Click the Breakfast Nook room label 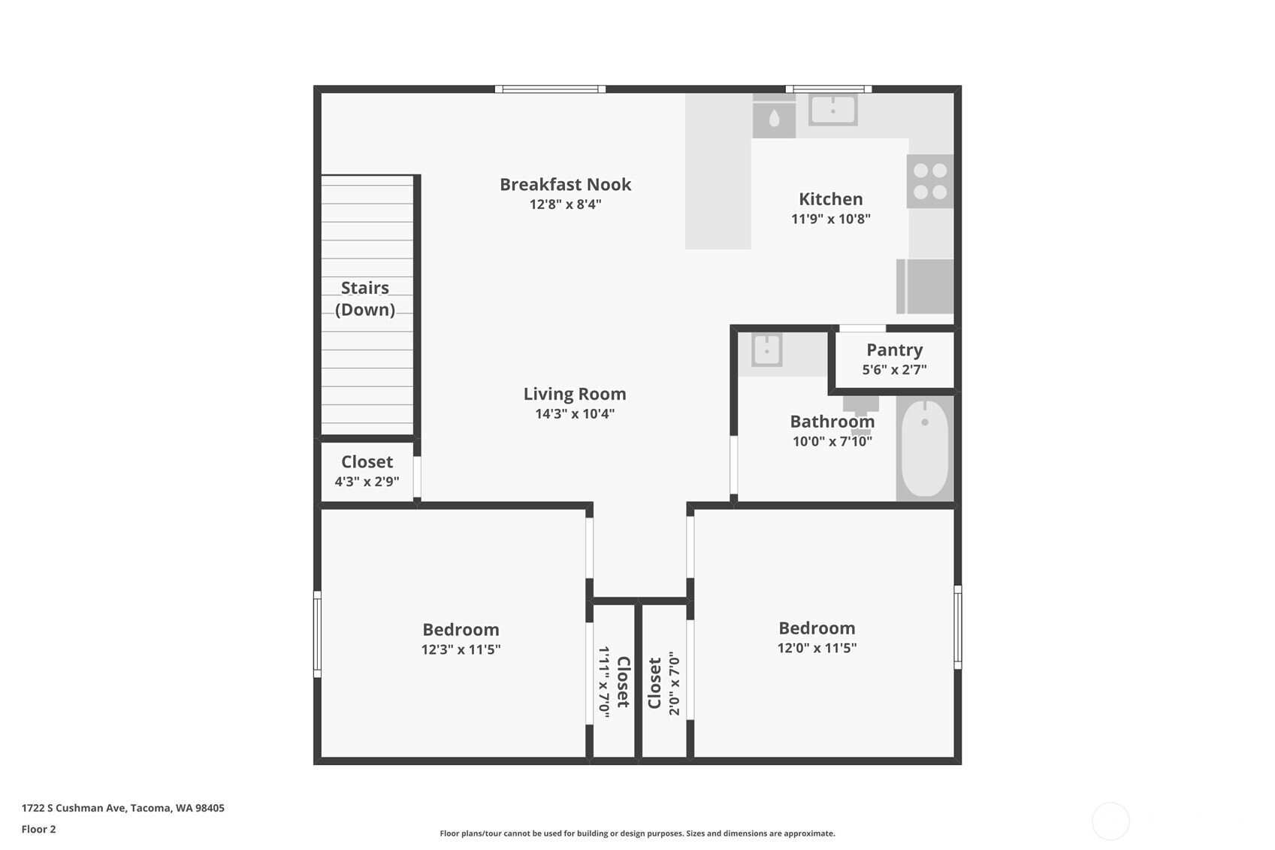(565, 184)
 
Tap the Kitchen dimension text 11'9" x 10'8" (830, 219)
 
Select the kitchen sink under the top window (832, 110)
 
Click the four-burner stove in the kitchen (930, 181)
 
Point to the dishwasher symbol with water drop (774, 119)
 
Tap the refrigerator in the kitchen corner (926, 286)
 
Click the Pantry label (894, 350)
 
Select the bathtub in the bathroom (925, 448)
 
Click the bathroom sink (766, 350)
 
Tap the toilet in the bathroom (861, 406)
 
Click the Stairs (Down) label (365, 298)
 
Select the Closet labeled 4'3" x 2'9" (367, 470)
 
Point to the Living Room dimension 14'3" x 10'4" (575, 413)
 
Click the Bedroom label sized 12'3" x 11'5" (461, 630)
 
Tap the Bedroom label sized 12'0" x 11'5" (817, 628)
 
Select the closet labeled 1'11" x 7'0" (614, 681)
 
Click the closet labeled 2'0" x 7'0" (664, 682)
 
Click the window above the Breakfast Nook (550, 89)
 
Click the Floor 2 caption (38, 829)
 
